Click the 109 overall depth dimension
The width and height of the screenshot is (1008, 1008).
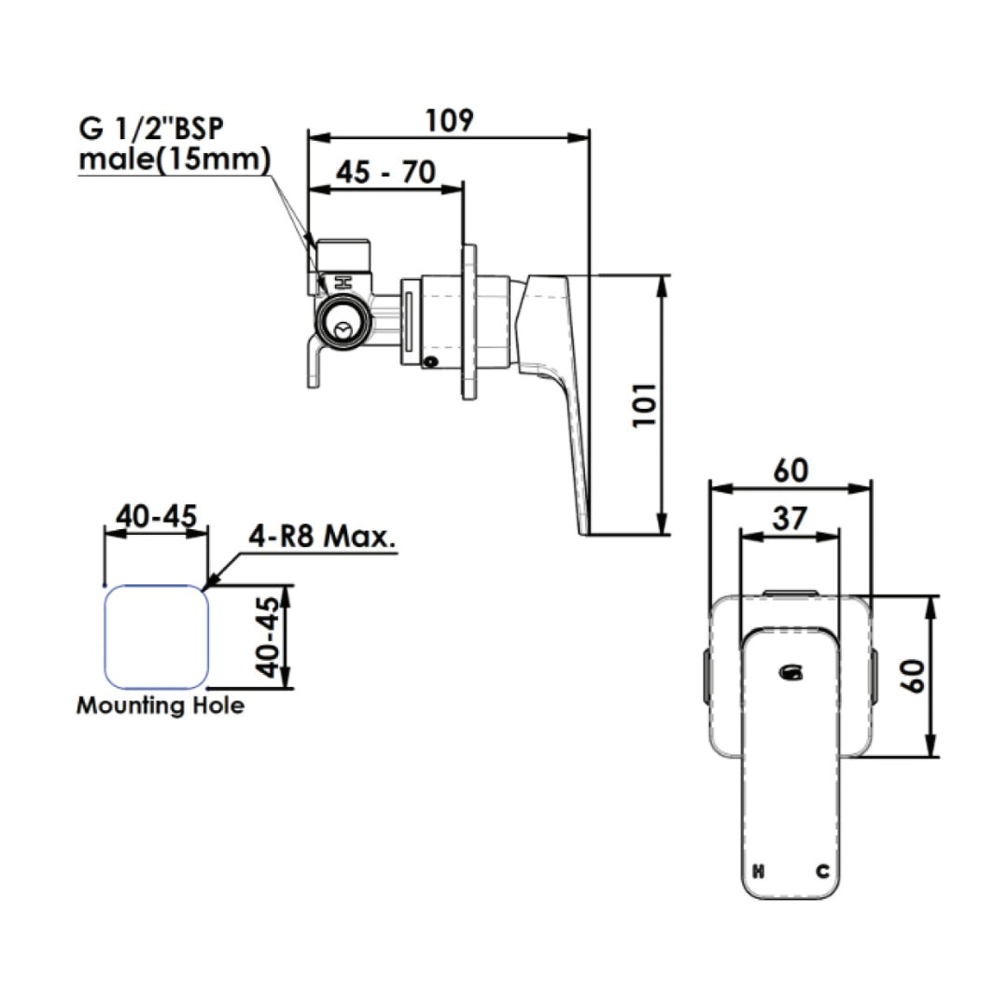450,120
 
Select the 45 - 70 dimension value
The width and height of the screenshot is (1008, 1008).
385,173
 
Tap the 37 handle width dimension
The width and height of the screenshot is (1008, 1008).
790,519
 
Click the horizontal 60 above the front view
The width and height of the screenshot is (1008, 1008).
790,470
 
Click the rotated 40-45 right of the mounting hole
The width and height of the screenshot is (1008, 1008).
267,637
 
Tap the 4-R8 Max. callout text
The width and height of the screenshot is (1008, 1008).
322,537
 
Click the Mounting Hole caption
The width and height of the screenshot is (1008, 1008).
161,705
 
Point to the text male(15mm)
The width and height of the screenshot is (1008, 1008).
174,160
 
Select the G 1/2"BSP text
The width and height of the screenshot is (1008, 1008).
152,130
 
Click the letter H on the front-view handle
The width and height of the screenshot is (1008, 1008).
759,873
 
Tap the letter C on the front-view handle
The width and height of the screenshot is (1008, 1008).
822,873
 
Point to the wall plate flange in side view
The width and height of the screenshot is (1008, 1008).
469,322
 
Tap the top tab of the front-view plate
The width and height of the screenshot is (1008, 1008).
791,592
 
